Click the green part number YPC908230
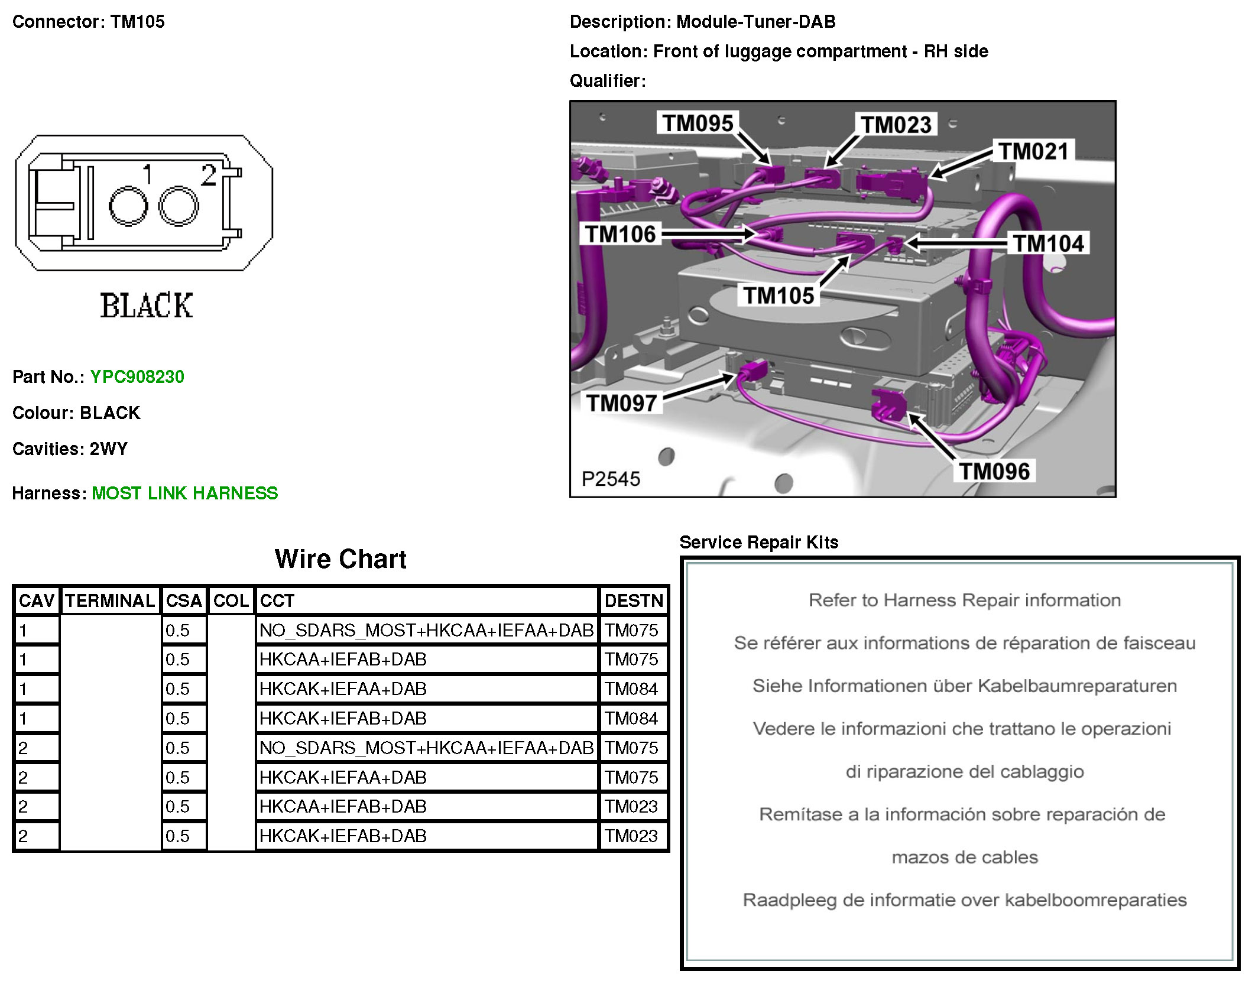coord(137,376)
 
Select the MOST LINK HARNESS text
coord(184,493)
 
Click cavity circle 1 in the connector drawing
coord(128,206)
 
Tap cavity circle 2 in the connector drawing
coord(179,206)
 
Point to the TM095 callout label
coord(698,124)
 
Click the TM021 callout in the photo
coord(1033,151)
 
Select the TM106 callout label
coord(621,234)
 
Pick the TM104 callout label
coord(1048,243)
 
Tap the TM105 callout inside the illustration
coord(779,295)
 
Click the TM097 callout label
coord(622,403)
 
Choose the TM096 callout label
coord(994,471)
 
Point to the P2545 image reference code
coord(611,479)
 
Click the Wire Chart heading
coord(340,559)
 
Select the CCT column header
coord(277,601)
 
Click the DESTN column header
coord(634,601)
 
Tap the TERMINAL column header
coord(110,601)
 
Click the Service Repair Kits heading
coord(759,542)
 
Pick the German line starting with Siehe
coord(964,686)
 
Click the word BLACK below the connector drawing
coord(146,306)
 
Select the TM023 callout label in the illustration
coord(896,125)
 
